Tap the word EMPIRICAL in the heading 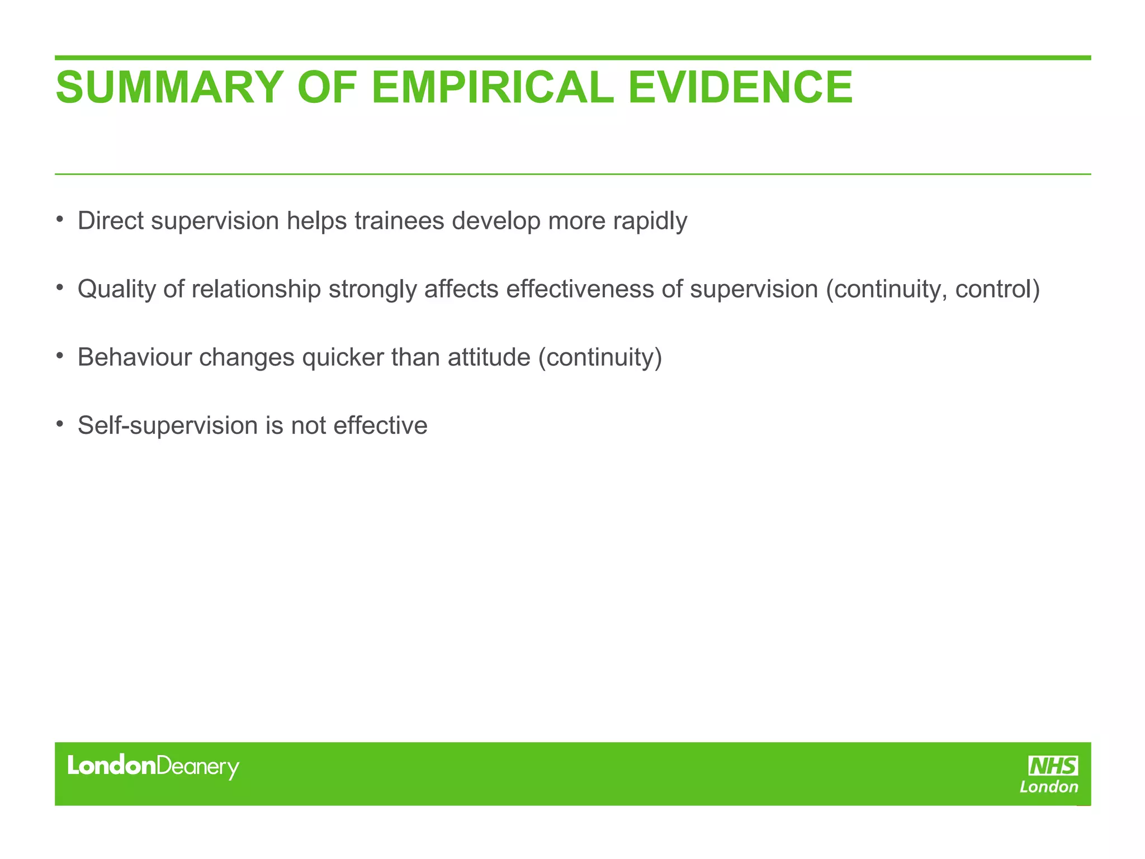[492, 87]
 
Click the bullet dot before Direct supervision [59, 219]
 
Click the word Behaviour [134, 357]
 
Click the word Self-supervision [167, 426]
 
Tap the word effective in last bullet [380, 426]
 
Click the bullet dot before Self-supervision [59, 423]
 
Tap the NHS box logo [1053, 766]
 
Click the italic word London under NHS [1049, 787]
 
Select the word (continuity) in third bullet [600, 358]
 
